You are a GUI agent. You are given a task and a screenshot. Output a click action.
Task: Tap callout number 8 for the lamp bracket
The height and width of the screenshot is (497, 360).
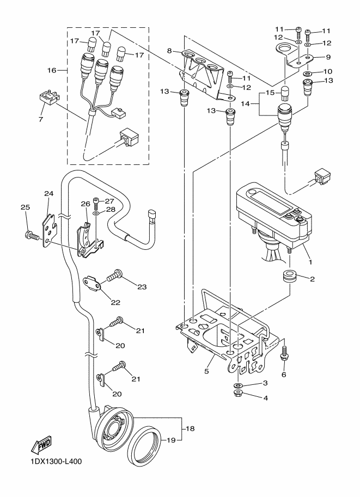tap(170, 51)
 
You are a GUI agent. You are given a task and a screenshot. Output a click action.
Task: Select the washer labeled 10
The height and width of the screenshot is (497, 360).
tap(307, 72)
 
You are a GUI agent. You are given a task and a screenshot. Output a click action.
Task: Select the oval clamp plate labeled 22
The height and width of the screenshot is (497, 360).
tap(94, 285)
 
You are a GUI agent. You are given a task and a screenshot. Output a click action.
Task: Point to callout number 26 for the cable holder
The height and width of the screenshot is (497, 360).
tap(84, 204)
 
